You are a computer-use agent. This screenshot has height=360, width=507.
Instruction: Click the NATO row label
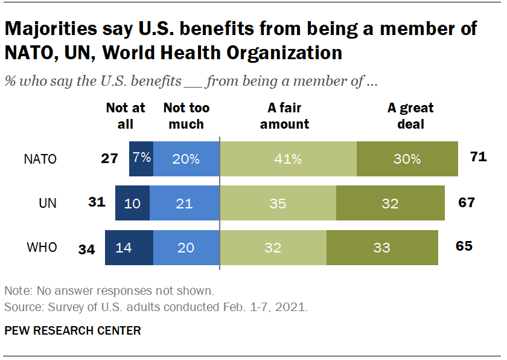coord(40,159)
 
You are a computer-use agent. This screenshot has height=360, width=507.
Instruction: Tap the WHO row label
coord(43,247)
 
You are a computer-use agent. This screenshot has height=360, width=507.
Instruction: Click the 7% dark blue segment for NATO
coord(141,159)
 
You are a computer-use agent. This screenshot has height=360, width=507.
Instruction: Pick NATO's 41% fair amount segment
coord(288,159)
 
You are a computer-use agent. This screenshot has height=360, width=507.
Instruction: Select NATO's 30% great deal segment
coord(407,159)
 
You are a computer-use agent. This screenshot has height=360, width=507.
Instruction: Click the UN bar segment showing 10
coord(132,203)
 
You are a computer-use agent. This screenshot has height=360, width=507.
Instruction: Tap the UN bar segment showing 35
coord(278,203)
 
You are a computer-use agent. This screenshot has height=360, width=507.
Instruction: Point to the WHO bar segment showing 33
coord(382,247)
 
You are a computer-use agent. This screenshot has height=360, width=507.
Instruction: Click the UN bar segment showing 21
coord(184,203)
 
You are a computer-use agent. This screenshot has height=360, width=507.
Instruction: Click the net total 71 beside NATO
coord(478,158)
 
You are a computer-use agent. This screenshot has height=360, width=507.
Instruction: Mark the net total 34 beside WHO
coord(88,248)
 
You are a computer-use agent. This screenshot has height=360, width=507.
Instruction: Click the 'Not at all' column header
coord(126,116)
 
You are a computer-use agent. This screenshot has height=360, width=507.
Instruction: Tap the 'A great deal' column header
coord(410,116)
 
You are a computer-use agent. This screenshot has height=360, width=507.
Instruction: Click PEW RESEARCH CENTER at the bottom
coord(72,330)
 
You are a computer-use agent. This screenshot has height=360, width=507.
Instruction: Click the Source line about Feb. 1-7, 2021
coord(156,307)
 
